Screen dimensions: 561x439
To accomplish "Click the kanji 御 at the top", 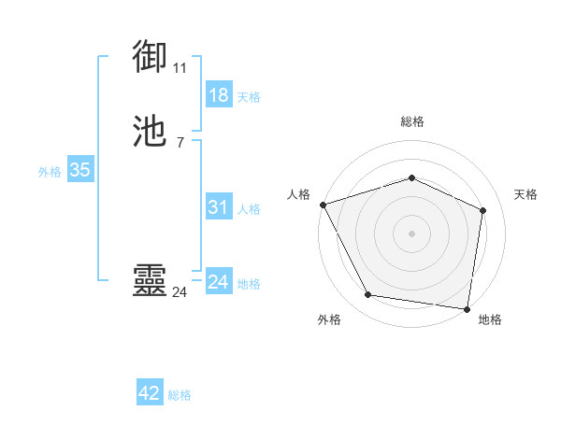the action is [151, 58].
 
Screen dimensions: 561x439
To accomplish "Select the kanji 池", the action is [151, 132].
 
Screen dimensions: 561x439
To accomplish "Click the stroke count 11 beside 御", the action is [180, 68].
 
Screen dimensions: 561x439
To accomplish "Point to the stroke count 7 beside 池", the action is [180, 142].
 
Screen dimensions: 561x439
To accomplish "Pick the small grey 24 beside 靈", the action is [180, 292].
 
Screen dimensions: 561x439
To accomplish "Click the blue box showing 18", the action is [219, 95].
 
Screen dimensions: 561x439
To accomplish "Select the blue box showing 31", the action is [219, 207].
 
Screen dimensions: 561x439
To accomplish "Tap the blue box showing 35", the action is [79, 170].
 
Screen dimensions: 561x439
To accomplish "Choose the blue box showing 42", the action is [150, 393].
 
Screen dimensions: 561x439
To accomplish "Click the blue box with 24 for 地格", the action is [219, 282].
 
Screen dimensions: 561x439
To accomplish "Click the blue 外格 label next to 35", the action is [50, 171].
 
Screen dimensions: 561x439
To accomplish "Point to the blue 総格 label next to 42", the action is [180, 395].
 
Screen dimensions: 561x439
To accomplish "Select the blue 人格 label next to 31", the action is [250, 209].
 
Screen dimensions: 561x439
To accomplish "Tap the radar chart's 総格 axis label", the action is [412, 121].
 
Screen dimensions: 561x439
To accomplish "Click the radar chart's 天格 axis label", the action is [526, 194].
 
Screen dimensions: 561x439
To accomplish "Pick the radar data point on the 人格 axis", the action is [323, 204].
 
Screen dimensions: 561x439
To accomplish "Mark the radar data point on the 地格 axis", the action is [467, 308].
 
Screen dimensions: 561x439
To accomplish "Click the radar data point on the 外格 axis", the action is [368, 295].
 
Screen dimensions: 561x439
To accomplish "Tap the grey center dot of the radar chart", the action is [412, 233].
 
